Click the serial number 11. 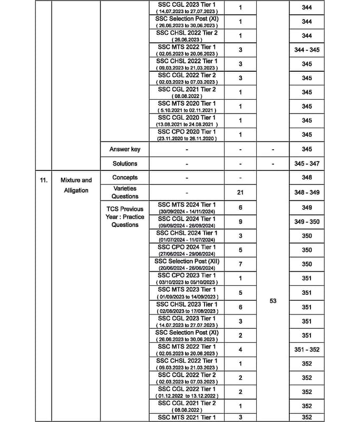pyautogui.click(x=43, y=180)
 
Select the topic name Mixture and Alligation pyautogui.click(x=76, y=185)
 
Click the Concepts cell pyautogui.click(x=124, y=178)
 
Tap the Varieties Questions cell pyautogui.click(x=124, y=193)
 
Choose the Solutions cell pyautogui.click(x=124, y=164)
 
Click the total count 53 pyautogui.click(x=273, y=301)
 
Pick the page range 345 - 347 pyautogui.click(x=307, y=164)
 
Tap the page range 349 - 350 pyautogui.click(x=307, y=222)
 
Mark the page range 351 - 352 pyautogui.click(x=307, y=349)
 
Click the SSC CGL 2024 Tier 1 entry pyautogui.click(x=186, y=222)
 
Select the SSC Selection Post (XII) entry pyautogui.click(x=186, y=264)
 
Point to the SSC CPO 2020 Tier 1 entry pyautogui.click(x=186, y=135)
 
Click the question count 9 pyautogui.click(x=240, y=222)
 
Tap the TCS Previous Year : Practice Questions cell pyautogui.click(x=124, y=216)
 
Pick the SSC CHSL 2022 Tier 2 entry pyautogui.click(x=186, y=36)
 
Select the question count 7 pyautogui.click(x=240, y=264)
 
